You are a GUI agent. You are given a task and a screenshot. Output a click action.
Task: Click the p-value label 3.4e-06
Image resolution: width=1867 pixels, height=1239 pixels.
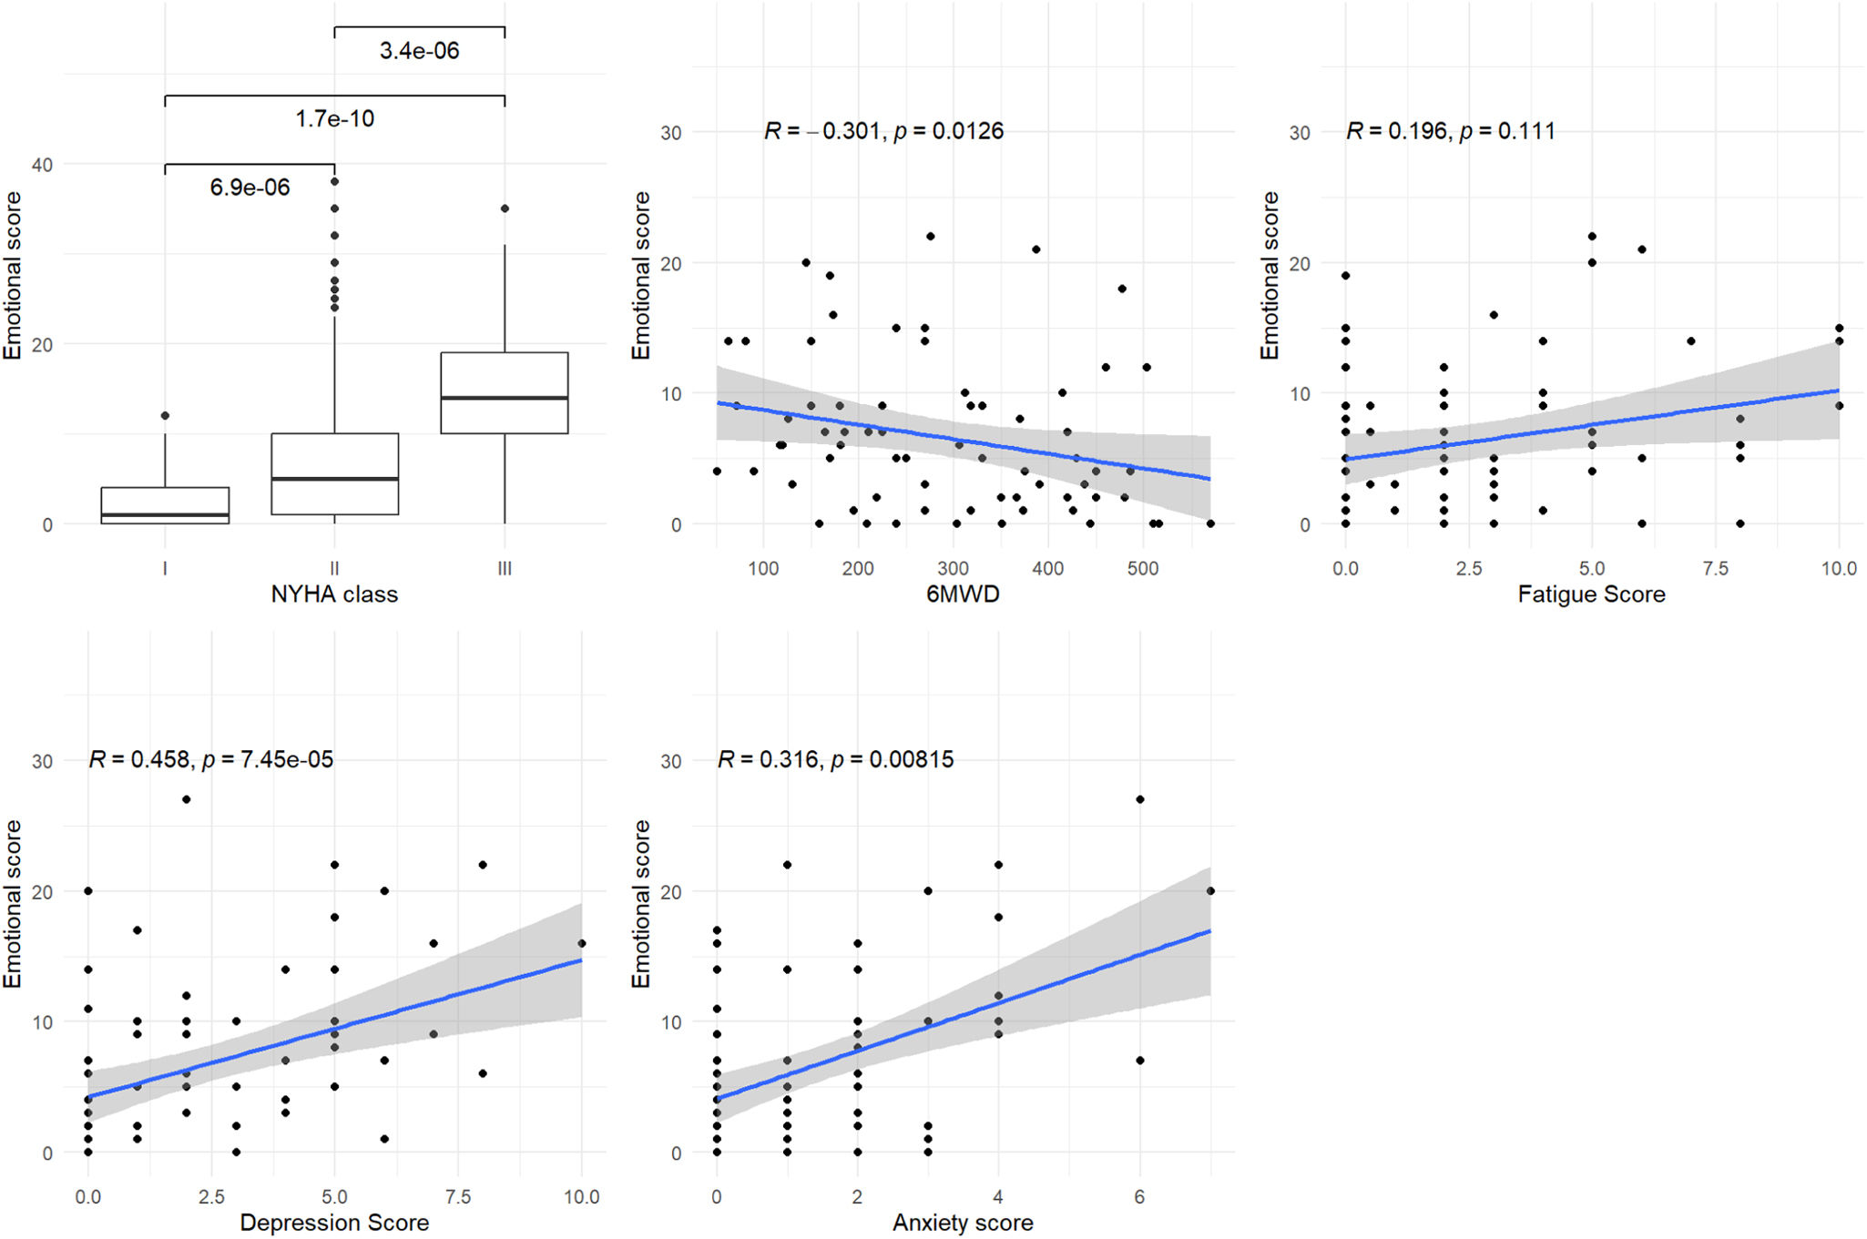(x=419, y=51)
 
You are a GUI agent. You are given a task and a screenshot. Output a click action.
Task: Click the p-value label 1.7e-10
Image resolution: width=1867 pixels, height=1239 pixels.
(x=334, y=119)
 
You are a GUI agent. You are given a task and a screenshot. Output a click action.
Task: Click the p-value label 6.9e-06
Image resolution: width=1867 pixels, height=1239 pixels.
(x=250, y=188)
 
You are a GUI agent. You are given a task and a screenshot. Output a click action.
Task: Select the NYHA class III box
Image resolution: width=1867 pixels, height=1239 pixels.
(x=505, y=392)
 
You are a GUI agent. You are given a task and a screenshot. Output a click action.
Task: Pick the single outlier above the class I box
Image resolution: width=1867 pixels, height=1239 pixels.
(x=165, y=416)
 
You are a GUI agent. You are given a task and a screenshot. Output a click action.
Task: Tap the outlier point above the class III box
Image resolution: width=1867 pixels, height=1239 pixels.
(x=505, y=208)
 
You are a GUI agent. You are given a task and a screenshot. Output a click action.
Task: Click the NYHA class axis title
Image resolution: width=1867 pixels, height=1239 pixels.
(x=334, y=594)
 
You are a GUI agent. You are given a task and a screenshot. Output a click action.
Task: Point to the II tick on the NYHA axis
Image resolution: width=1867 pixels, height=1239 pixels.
(x=334, y=569)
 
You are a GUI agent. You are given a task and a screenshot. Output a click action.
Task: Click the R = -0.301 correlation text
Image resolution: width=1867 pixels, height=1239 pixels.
(x=883, y=131)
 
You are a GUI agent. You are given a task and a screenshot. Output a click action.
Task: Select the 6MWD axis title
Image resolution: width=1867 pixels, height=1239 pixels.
(x=963, y=594)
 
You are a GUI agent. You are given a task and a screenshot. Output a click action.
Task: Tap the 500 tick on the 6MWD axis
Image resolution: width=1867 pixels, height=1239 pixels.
(x=1143, y=569)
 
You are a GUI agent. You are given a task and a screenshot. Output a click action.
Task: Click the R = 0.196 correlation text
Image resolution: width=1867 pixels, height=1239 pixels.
(x=1450, y=131)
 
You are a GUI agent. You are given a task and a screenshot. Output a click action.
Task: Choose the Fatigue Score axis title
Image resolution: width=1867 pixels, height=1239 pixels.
(x=1591, y=594)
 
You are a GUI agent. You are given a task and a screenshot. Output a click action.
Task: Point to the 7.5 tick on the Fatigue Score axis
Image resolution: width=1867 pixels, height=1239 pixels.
(x=1715, y=569)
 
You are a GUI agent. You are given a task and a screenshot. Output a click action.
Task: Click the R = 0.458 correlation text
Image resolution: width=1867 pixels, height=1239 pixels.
(x=210, y=759)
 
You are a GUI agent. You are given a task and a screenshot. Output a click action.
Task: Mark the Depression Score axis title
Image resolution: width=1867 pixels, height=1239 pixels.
(x=334, y=1223)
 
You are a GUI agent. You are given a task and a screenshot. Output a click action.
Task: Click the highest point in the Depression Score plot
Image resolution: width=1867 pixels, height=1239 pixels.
(x=187, y=799)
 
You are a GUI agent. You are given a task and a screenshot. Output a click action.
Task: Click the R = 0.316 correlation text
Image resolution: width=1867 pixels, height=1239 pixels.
(x=835, y=759)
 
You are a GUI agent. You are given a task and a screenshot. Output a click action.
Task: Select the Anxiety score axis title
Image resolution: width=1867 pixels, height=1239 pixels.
(x=963, y=1223)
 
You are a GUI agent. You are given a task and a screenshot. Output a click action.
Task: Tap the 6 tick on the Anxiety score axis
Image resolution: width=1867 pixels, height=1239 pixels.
(x=1139, y=1197)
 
